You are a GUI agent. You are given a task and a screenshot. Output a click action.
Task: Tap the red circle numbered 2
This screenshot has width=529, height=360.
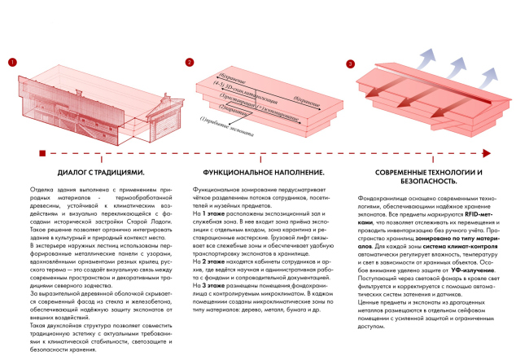(x=189, y=63)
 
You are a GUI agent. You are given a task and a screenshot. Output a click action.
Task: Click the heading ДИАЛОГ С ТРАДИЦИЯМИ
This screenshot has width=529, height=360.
(x=102, y=173)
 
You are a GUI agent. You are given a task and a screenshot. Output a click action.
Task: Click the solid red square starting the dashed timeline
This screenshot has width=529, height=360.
(x=41, y=152)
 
